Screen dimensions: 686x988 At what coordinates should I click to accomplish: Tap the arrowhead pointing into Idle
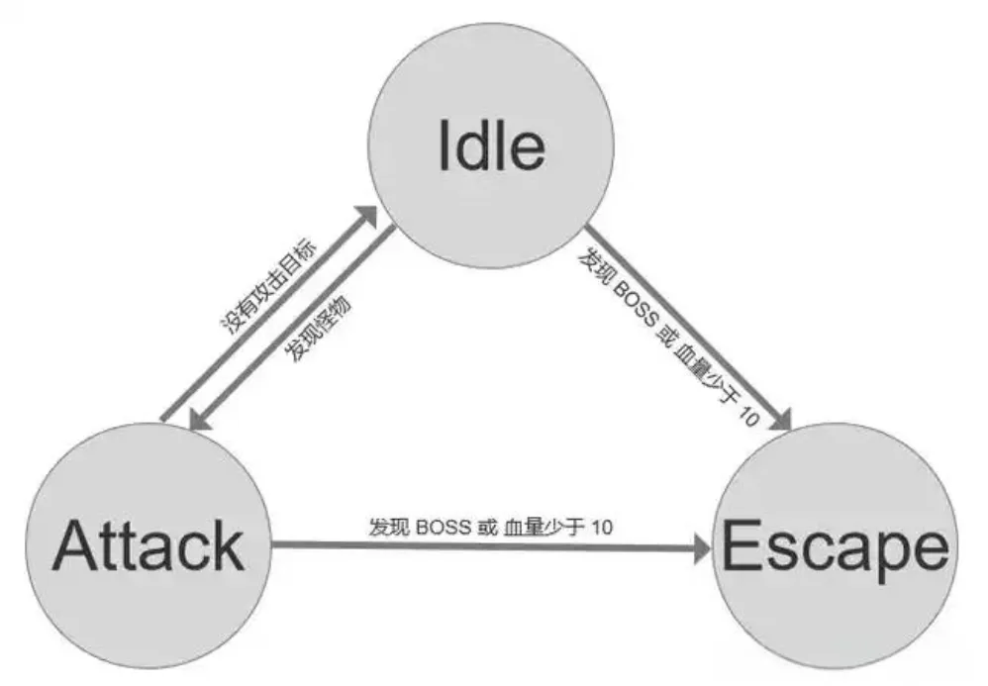[x=367, y=221]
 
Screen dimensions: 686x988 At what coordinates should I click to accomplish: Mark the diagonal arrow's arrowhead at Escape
[x=779, y=419]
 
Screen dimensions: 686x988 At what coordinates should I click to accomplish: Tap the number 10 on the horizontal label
[x=600, y=527]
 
